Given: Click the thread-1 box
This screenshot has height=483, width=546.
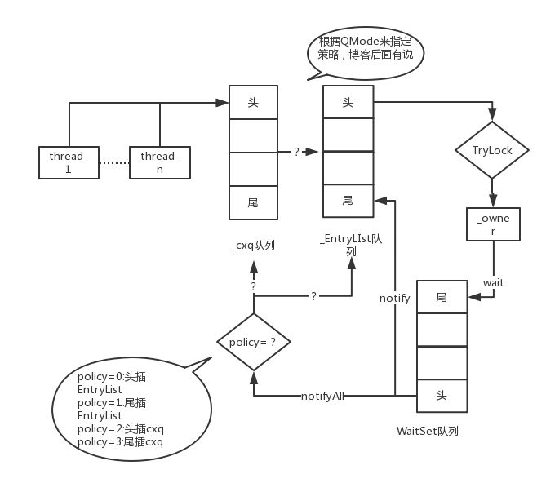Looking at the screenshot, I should (69, 162).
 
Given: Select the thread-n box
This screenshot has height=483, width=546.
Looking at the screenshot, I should (159, 162).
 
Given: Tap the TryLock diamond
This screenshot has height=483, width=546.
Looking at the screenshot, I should (491, 151).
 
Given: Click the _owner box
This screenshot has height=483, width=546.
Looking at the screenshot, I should (492, 224).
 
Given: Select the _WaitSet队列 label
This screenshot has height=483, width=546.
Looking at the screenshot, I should (424, 431).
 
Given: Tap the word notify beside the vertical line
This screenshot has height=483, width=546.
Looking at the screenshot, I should (394, 299).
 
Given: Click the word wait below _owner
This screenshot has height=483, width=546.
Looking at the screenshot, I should (492, 282).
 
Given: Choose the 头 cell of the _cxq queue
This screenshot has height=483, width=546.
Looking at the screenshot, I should (254, 103).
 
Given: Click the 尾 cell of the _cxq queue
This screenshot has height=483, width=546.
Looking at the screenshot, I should (254, 201).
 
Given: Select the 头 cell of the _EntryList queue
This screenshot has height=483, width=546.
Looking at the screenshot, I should (348, 103).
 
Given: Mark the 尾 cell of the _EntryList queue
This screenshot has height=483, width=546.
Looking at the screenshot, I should (348, 200).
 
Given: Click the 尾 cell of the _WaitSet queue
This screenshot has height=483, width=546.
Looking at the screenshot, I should (442, 298).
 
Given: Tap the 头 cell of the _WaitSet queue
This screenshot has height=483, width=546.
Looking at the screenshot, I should (442, 395).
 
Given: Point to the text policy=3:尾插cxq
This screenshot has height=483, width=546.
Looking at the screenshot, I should (120, 442).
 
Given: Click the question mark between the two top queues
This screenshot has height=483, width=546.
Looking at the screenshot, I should (297, 152).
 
